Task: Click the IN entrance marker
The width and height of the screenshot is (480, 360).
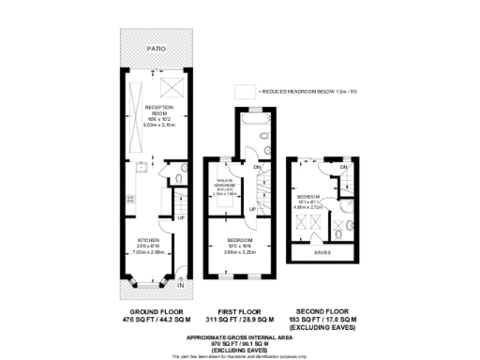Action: pyautogui.click(x=181, y=285)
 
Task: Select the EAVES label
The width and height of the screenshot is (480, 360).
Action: pyautogui.click(x=321, y=251)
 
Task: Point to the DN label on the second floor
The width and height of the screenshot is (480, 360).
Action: pyautogui.click(x=344, y=167)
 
